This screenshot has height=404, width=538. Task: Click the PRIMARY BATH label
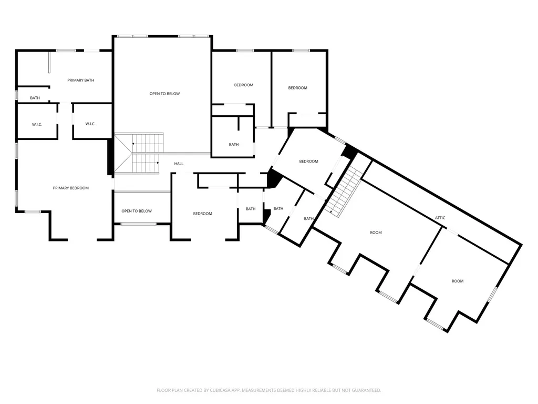[x=80, y=80]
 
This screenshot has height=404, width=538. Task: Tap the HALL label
[x=179, y=164]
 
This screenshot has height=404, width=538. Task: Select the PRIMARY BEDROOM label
[x=71, y=188]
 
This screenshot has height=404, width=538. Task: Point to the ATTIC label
[x=440, y=218]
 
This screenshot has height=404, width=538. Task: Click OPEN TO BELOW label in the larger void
[x=164, y=94]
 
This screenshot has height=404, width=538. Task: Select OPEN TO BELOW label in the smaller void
[x=137, y=211]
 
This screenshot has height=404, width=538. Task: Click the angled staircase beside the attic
[x=344, y=191]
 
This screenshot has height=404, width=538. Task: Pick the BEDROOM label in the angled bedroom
[x=308, y=161]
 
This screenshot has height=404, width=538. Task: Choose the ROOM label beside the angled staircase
[x=376, y=233]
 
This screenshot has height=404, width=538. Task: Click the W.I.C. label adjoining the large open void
[x=90, y=124]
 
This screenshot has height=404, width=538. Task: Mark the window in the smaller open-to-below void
[x=138, y=224]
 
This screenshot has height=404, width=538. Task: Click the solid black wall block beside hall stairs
[x=110, y=157]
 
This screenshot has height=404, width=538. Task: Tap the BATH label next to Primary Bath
[x=35, y=98]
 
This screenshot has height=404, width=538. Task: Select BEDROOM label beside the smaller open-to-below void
[x=202, y=214]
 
